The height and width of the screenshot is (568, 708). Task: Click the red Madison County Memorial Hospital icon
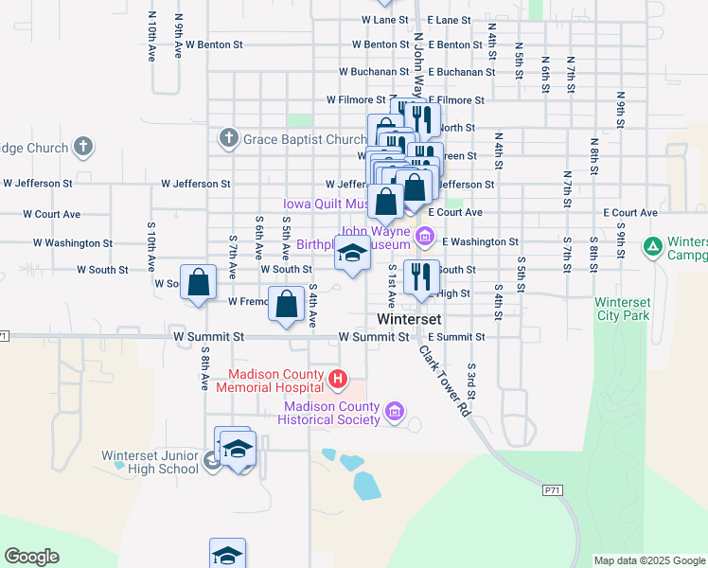pos(338,381)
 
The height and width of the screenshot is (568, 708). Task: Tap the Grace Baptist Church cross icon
pos(228,139)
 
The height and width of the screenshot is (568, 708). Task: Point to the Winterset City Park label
pos(622,309)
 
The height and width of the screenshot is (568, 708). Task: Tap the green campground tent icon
pos(652,248)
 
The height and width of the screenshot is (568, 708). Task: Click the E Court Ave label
pos(455,213)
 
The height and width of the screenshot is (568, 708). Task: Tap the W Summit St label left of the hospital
pos(208,336)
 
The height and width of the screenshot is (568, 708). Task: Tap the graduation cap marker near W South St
pos(352,254)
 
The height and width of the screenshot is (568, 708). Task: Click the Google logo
pos(31,557)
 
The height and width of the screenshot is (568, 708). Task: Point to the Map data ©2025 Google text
pos(649,560)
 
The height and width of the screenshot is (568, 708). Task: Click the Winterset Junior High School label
pos(150,462)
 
